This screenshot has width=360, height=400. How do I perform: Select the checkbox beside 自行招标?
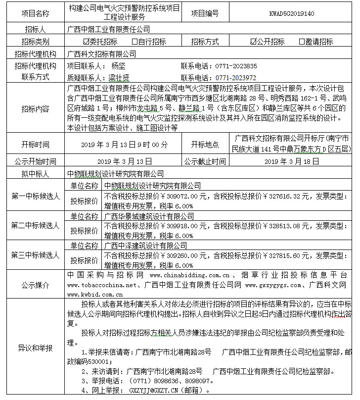point(135,42)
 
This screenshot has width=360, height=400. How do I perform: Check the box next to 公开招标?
point(253,42)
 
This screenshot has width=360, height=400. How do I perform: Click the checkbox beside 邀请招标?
point(302,42)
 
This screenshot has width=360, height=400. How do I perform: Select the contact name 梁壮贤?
point(119,78)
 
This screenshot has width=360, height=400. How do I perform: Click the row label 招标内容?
point(35,108)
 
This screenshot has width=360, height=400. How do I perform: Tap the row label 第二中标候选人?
point(35,225)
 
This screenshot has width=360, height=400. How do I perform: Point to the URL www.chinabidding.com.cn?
point(189,275)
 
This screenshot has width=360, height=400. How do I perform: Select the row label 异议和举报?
point(35,348)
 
